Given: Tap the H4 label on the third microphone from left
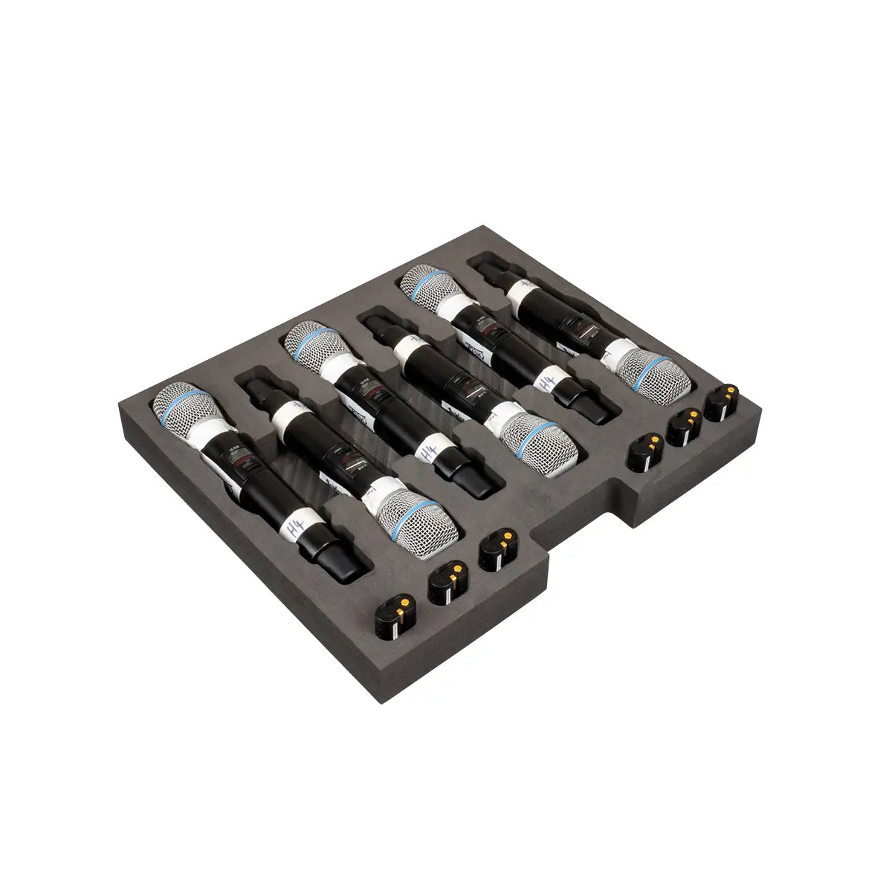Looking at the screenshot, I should [x=425, y=454].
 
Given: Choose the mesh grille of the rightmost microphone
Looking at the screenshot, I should [x=650, y=371].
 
